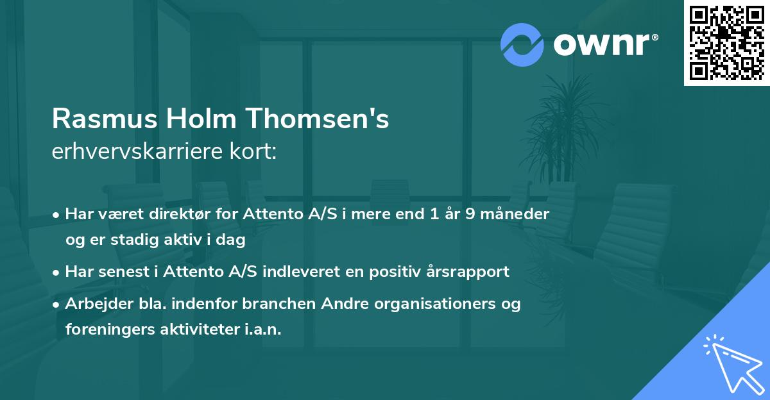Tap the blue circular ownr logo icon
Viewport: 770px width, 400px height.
(522, 45)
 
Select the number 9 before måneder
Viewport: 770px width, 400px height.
(471, 214)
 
